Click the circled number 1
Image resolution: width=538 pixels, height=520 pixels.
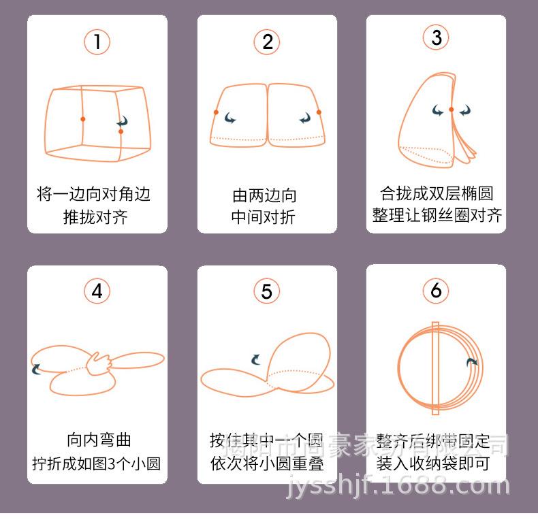[x=97, y=42]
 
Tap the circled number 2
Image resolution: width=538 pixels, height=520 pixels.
[x=267, y=42]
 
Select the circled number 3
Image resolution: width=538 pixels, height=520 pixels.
[x=436, y=37]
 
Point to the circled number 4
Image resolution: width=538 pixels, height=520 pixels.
[x=97, y=291]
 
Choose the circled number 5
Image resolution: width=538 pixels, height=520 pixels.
[x=266, y=291]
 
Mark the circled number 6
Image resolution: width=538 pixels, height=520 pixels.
[x=436, y=291]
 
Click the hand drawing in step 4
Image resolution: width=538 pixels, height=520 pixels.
[x=99, y=363]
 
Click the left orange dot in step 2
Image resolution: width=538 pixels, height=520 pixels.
[x=216, y=112]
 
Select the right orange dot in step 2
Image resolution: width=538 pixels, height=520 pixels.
[x=318, y=112]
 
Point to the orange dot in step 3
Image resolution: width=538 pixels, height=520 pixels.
[x=451, y=110]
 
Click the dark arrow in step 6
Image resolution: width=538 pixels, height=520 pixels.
[x=471, y=362]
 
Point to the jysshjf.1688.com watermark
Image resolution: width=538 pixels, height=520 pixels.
[x=399, y=485]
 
